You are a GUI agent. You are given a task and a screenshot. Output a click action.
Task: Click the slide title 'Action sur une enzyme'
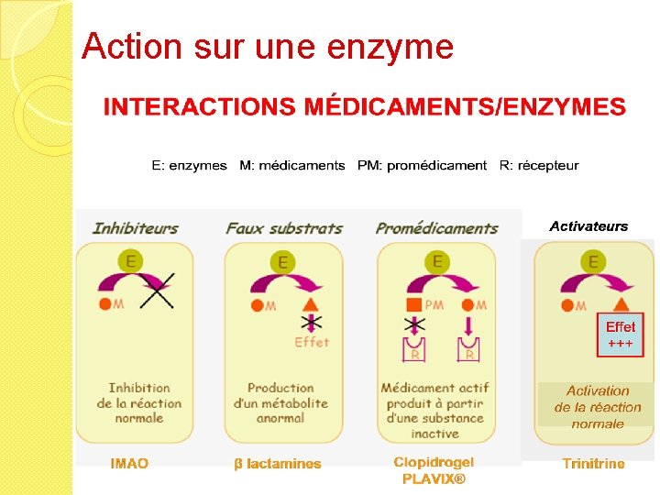[x=267, y=46]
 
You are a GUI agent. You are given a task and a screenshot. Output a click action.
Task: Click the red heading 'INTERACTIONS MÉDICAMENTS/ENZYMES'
[x=364, y=108]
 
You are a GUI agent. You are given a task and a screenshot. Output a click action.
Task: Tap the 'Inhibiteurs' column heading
[x=135, y=227]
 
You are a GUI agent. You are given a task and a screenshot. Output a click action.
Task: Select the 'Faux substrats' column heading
[x=284, y=227]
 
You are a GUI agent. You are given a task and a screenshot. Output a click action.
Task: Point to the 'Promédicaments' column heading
[x=436, y=227]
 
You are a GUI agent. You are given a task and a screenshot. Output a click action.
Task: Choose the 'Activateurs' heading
[x=588, y=226]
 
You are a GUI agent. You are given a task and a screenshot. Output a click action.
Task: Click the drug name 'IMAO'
[x=129, y=464]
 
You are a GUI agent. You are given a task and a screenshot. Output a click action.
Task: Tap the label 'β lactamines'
[x=278, y=464]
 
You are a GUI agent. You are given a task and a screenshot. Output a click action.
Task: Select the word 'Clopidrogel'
[x=434, y=462]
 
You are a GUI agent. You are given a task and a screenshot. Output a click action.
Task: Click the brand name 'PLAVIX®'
[x=434, y=478]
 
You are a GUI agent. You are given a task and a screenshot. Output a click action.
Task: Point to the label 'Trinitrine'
[x=593, y=464]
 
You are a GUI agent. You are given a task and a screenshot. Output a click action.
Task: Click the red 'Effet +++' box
[x=620, y=335]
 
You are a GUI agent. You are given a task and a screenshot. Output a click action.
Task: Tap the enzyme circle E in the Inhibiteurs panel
[x=132, y=262]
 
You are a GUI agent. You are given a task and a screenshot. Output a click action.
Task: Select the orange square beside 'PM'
[x=413, y=304]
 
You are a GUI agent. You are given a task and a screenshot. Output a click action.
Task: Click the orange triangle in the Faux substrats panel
[x=310, y=304]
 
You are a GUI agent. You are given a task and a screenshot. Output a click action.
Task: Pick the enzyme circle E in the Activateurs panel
[x=594, y=262]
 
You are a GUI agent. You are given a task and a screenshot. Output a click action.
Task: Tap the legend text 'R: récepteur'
[x=539, y=166]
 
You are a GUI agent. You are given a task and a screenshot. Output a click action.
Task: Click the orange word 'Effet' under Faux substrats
[x=312, y=342]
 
